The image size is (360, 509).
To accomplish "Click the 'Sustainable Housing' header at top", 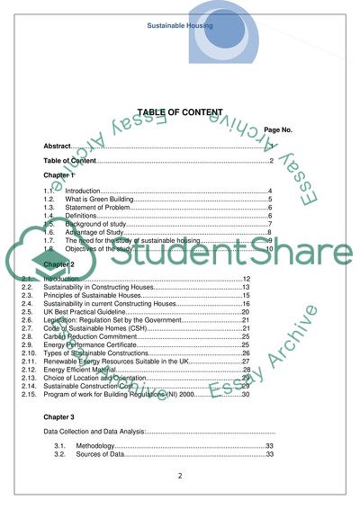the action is (x=180, y=26).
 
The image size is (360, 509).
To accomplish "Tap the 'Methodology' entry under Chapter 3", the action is (x=95, y=446).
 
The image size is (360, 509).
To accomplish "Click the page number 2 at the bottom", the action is (x=180, y=476).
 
